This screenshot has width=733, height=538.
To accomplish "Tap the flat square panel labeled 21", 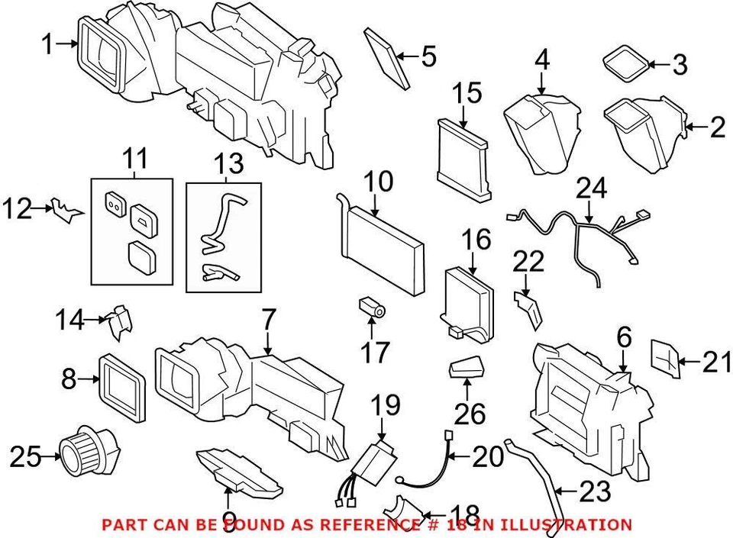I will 663,359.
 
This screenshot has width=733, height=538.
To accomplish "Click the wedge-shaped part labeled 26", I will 465,369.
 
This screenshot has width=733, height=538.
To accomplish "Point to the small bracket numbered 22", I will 528,308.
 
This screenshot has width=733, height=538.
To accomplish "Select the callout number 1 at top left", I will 47,45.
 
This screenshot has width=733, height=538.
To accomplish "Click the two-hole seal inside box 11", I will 115,202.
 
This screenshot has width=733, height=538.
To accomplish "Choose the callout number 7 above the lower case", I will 266,324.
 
